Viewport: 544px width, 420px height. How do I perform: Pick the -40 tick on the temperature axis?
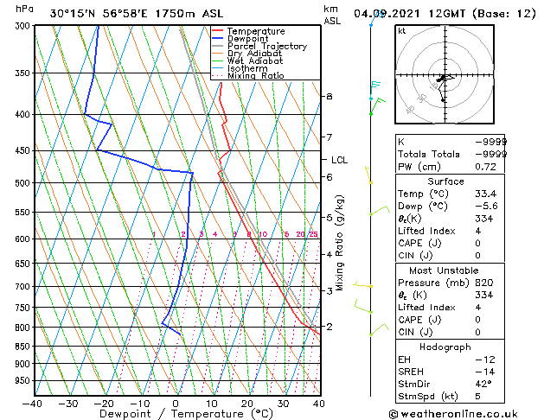coord(33,404)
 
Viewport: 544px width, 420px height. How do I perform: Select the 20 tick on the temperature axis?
coord(247,404)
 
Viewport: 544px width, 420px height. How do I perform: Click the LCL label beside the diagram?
coord(339,160)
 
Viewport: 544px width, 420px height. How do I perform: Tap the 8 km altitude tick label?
coord(329,96)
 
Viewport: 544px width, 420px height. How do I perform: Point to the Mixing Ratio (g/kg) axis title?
coord(341,243)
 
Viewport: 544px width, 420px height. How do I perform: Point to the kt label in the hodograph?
coord(402,30)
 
